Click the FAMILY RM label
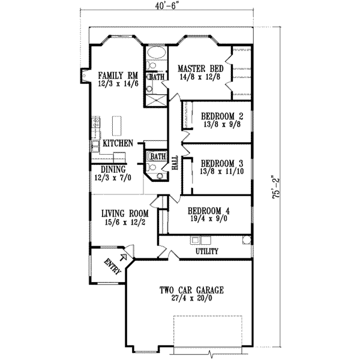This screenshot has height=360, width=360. tap(119, 76)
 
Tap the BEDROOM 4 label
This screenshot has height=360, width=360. tap(208, 211)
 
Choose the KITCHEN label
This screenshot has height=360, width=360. tap(118, 144)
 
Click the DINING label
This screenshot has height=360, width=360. tap(113, 170)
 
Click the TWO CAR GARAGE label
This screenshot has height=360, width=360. tap(192, 290)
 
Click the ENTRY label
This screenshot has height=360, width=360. tap(112, 266)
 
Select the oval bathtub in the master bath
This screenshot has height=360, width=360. tap(157, 61)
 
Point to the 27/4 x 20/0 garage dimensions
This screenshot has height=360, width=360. tap(192, 300)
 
